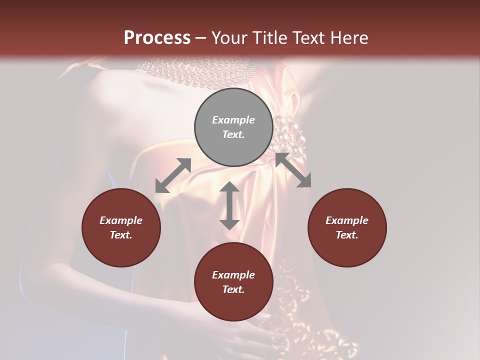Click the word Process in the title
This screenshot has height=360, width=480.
coord(157,38)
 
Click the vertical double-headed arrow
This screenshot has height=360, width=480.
coord(229,205)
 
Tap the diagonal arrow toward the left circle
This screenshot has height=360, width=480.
coord(173,175)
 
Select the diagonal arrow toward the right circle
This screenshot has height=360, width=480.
coord(293,170)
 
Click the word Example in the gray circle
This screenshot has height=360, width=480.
coord(233,120)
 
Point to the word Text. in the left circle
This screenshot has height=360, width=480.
coord(121,235)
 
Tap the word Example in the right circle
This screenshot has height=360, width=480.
coord(347,220)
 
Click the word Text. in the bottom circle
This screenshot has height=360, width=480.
coord(233,289)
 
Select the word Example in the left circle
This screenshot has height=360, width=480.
coord(121,220)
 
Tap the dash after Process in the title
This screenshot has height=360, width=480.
coord(201,38)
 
